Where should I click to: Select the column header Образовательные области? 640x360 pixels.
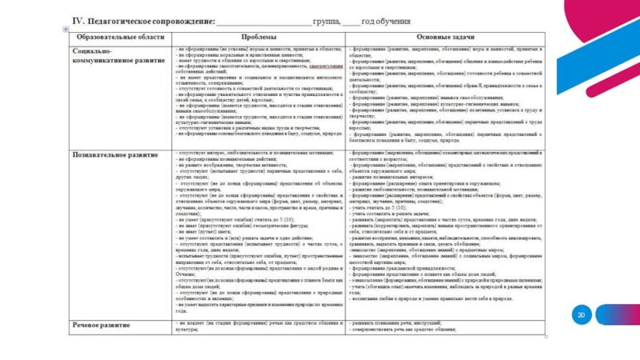(x=118, y=37)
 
